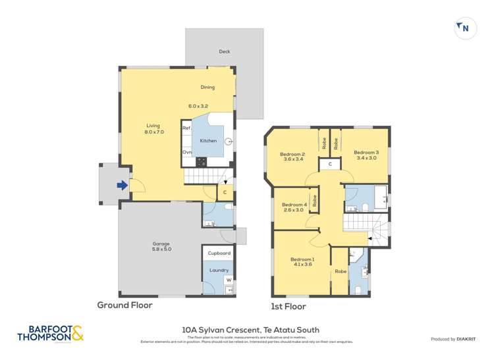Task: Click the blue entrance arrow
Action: coord(122,186)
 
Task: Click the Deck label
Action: coord(224,51)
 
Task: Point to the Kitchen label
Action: coord(208,141)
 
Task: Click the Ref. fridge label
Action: coord(186,128)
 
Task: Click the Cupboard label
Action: coord(219,253)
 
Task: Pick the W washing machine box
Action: coord(229,280)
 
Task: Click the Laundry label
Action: coord(218,270)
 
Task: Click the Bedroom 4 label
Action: coord(294,207)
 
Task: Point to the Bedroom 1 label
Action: coord(302,261)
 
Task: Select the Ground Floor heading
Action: coord(124,305)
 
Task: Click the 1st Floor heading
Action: coord(288,306)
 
